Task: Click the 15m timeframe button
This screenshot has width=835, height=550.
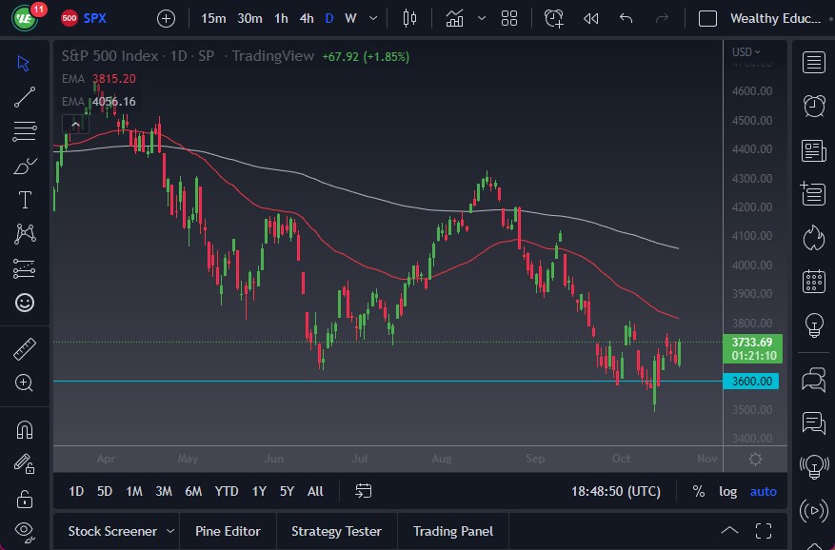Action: (x=214, y=18)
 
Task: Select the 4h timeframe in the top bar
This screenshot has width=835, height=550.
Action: (x=306, y=18)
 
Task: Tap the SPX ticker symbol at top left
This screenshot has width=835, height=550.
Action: (x=95, y=18)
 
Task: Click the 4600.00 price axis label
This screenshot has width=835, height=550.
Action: (x=751, y=91)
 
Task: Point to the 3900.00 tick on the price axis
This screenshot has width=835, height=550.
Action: (x=751, y=294)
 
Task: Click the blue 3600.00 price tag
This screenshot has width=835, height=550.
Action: (x=751, y=382)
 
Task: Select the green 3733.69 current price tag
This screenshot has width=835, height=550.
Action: (x=751, y=343)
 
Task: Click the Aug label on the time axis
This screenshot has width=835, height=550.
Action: (x=441, y=459)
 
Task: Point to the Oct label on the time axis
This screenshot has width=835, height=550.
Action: (x=621, y=459)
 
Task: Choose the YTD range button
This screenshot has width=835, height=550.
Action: (x=227, y=491)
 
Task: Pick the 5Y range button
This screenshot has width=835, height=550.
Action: (x=287, y=491)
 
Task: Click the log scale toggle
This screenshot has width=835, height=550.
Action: (x=727, y=491)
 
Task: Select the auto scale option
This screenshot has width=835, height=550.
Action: (x=763, y=491)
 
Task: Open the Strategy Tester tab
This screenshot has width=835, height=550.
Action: (x=336, y=531)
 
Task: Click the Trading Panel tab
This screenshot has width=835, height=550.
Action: (x=452, y=531)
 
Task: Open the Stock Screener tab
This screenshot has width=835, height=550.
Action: (x=112, y=531)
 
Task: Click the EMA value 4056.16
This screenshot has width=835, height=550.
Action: (x=113, y=102)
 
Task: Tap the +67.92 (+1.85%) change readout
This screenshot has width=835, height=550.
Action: (x=366, y=56)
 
